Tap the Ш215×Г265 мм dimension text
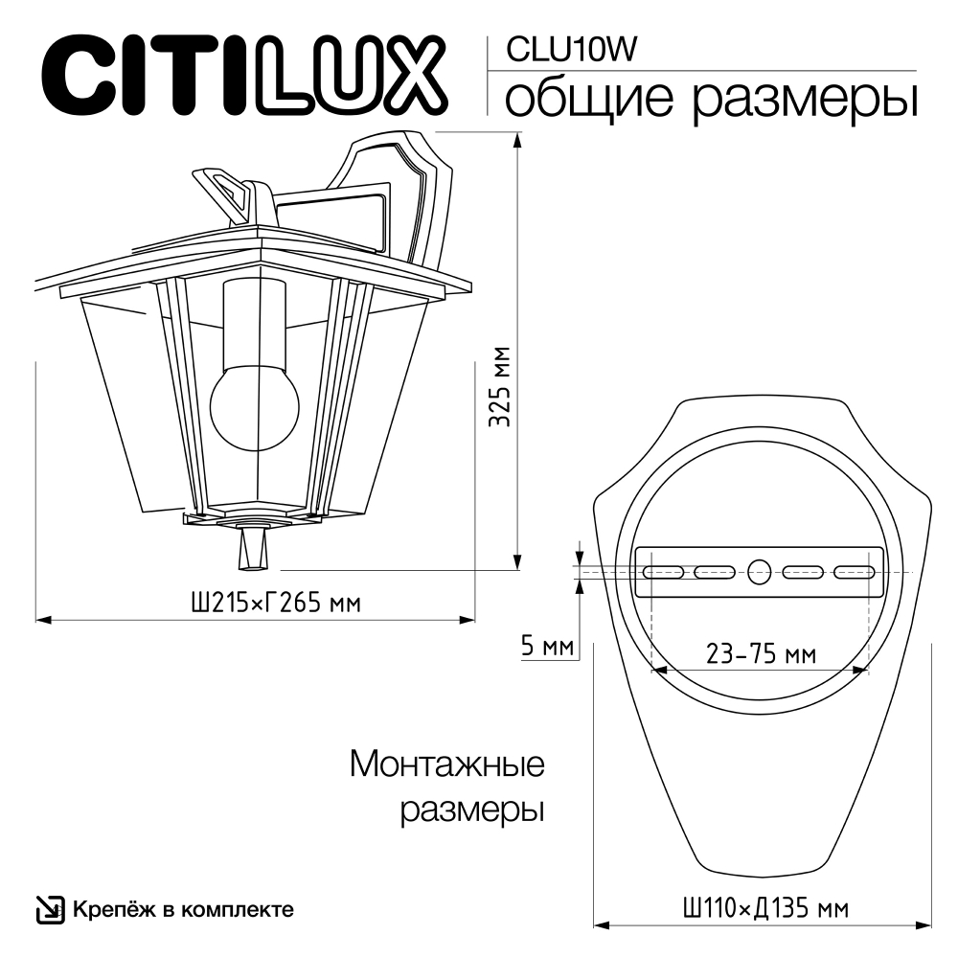tap(276, 604)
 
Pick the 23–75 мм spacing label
tap(761, 654)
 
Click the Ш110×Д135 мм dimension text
tap(764, 906)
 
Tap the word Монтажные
tap(447, 764)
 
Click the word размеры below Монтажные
tap(470, 810)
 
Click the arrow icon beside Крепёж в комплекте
tap(49, 909)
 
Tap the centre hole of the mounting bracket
tap(759, 573)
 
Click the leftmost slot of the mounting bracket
tap(663, 573)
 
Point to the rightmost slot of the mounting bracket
tap(855, 573)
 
